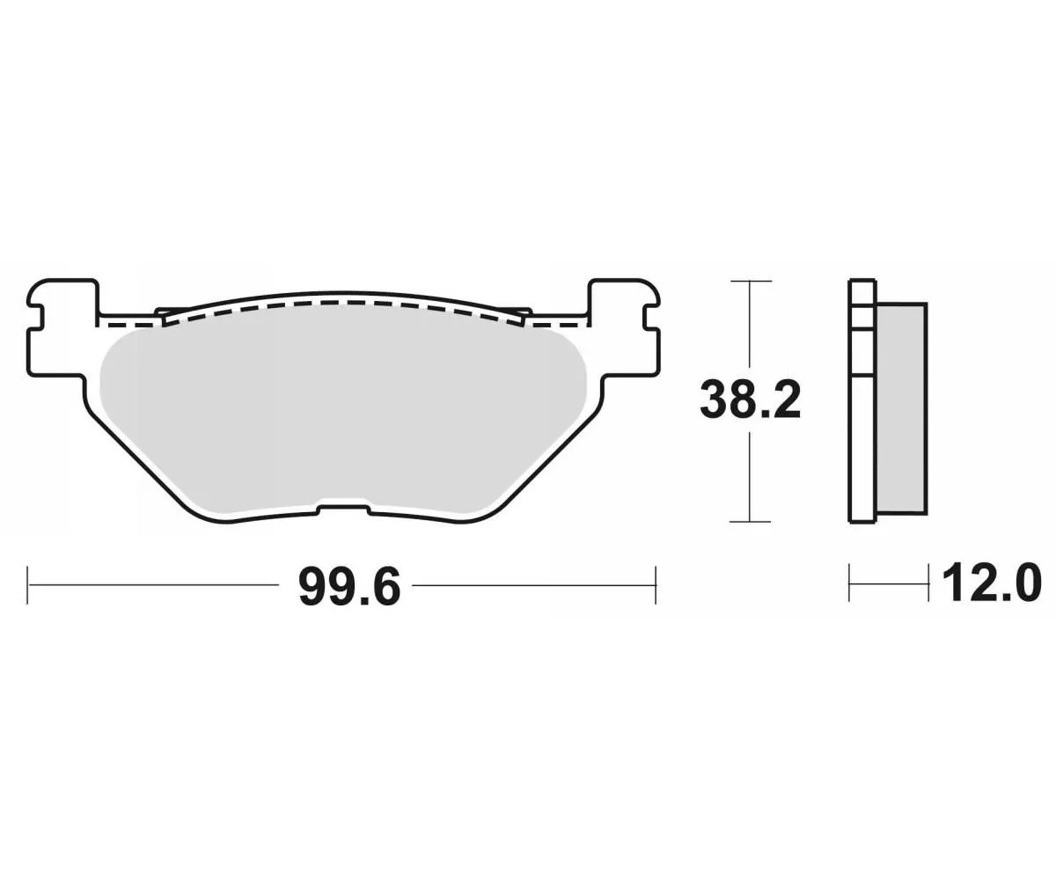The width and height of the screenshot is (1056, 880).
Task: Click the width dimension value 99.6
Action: click(349, 585)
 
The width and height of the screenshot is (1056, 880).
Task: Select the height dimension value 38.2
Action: click(750, 400)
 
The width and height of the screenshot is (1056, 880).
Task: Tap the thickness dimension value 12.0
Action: click(991, 583)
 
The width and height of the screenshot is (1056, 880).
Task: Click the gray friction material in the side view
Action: click(901, 407)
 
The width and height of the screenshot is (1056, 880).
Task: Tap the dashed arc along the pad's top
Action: click(343, 304)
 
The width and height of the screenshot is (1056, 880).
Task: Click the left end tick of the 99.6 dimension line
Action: click(28, 584)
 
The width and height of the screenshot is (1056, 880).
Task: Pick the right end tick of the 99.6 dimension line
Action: click(656, 584)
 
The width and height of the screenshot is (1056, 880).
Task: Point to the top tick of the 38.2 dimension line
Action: click(749, 282)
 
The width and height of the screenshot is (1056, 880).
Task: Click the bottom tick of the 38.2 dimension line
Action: click(749, 522)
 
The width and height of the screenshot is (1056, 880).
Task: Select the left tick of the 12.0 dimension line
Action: click(849, 583)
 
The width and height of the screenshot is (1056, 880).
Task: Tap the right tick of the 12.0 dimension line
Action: click(928, 583)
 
